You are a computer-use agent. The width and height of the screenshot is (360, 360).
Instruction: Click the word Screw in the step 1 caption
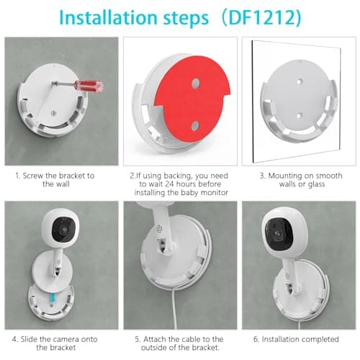[x=38, y=174]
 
